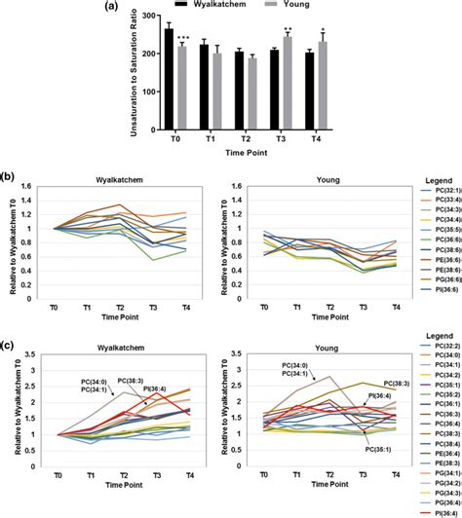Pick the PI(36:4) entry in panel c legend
pyautogui.click(x=437, y=509)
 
